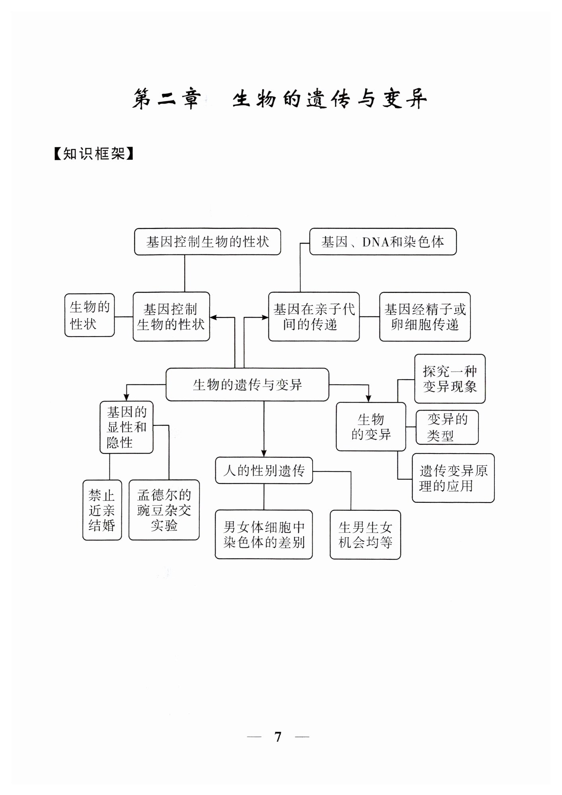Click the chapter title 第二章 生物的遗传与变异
[x=280, y=99]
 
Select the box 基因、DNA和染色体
[x=383, y=242]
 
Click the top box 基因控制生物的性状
[x=207, y=242]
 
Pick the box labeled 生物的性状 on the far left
[x=89, y=315]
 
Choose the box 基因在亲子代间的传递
[x=314, y=317]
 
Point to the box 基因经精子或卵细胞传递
[x=425, y=317]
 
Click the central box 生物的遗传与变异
[x=247, y=384]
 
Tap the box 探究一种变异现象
[x=450, y=379]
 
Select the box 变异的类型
[x=447, y=427]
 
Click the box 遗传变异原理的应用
[x=453, y=478]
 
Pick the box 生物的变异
[x=371, y=427]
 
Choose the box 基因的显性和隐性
[x=126, y=427]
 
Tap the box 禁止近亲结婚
[x=102, y=510]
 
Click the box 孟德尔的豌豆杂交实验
[x=164, y=510]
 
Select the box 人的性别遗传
[x=264, y=471]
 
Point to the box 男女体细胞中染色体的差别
[x=264, y=535]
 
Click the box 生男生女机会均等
[x=365, y=535]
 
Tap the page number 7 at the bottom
[x=278, y=737]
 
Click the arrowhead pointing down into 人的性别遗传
[x=264, y=454]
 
